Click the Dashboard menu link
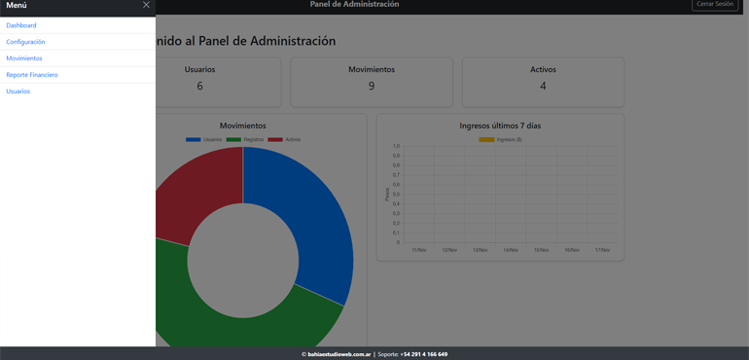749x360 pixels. tap(21, 25)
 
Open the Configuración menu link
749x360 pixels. tap(25, 42)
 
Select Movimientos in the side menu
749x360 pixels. tap(24, 58)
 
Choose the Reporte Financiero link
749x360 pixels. tap(32, 75)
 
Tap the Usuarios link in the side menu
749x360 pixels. tap(18, 91)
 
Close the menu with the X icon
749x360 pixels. tap(146, 5)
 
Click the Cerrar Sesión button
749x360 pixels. tap(715, 5)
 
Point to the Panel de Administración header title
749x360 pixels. tap(354, 5)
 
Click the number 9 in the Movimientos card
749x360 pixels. tap(372, 87)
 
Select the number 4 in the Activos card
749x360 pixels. tap(543, 87)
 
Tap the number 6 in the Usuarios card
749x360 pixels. tap(200, 87)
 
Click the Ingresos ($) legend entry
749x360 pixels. tap(501, 139)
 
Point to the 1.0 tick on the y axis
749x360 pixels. tap(395, 146)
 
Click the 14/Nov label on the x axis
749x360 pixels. tap(511, 250)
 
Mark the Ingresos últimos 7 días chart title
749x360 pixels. tap(500, 126)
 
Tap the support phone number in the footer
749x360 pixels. tap(424, 354)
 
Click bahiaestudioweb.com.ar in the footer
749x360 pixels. tap(339, 354)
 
